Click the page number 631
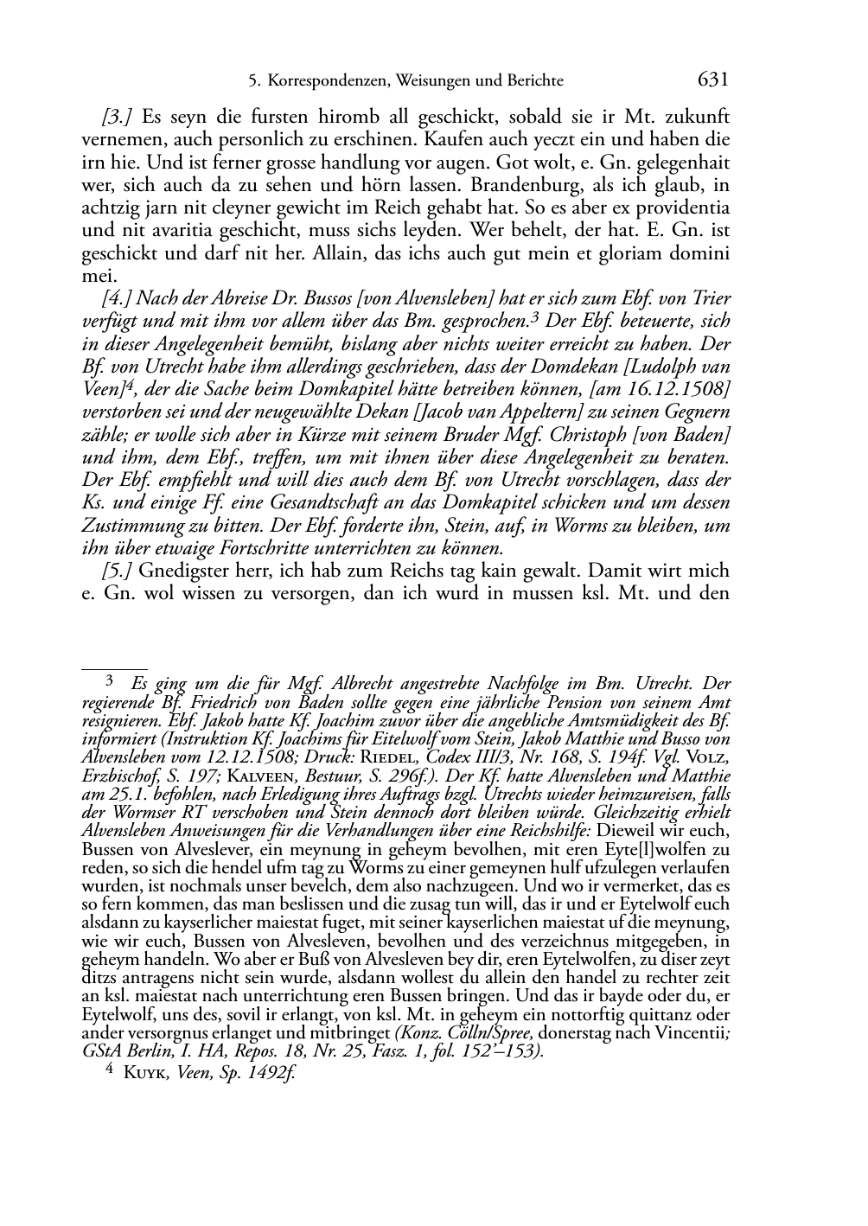click(x=712, y=80)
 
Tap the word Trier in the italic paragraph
click(x=711, y=298)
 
